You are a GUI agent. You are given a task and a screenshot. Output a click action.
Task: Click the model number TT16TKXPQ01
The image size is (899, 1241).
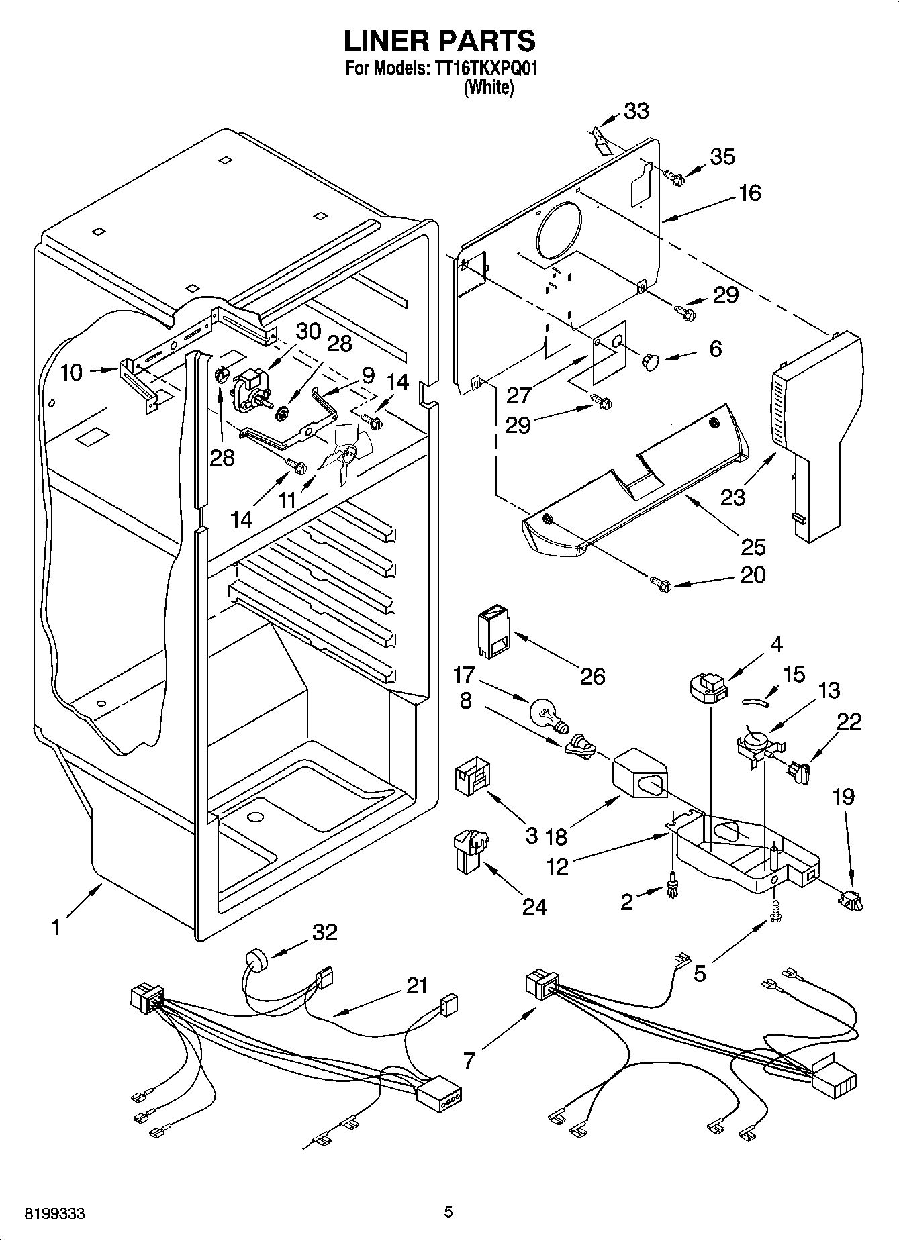pos(483,68)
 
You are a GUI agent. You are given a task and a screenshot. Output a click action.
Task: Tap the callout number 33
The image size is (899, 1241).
pos(636,111)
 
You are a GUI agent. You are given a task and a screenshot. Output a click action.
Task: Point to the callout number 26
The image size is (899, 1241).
pos(592,675)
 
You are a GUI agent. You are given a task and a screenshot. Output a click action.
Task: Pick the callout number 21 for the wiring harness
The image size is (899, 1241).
pos(416,985)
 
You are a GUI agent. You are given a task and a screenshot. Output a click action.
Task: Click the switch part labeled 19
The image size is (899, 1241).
pos(851,899)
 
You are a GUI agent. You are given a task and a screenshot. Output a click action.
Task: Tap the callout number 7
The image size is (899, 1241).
pos(469,1060)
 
